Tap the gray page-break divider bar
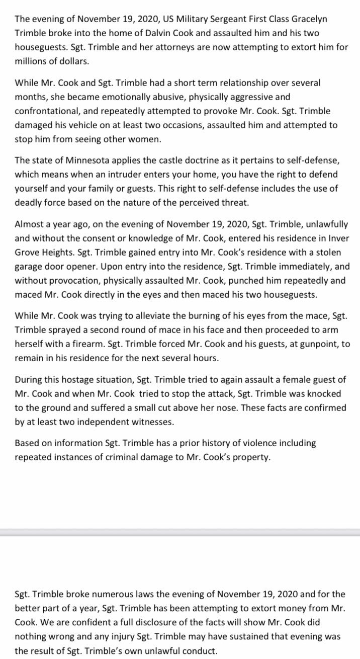coord(180,533)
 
